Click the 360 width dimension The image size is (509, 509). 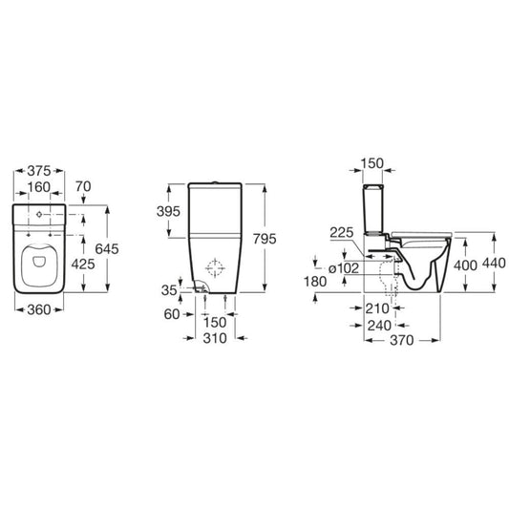(38, 309)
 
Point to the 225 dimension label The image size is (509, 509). (342, 232)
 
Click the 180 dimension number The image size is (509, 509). (315, 283)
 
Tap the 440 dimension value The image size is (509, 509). (493, 263)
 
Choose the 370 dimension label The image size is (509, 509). (401, 340)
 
